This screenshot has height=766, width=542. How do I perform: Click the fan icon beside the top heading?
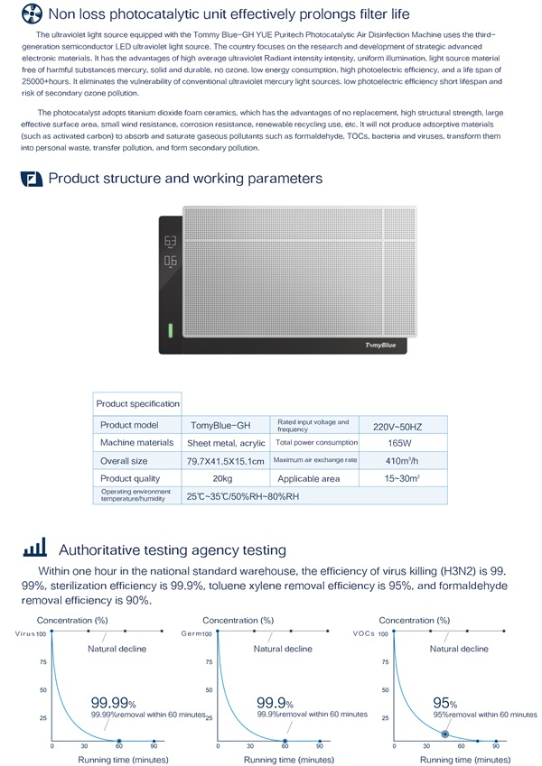[31, 14]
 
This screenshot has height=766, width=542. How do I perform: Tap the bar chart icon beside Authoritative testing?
[33, 549]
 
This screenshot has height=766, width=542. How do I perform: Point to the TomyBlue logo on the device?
[385, 345]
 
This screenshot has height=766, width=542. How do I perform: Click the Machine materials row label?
[137, 443]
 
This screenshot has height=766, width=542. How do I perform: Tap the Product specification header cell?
[137, 403]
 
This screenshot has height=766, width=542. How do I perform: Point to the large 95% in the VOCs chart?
[444, 702]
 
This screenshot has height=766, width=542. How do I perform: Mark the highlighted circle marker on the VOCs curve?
[444, 734]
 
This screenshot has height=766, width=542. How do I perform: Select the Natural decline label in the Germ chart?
[283, 649]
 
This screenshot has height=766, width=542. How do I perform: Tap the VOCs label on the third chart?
[362, 634]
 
